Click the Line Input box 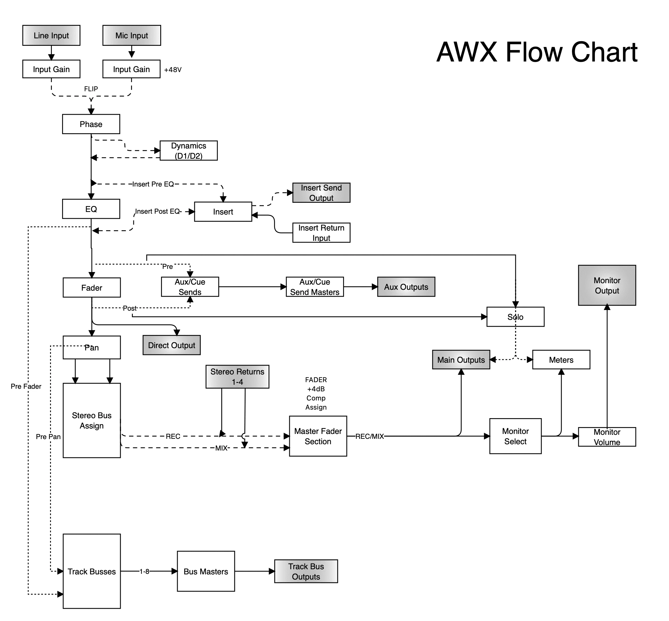[51, 35]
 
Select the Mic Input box [131, 35]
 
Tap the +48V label [173, 70]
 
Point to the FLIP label [91, 89]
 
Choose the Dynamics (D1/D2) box [188, 150]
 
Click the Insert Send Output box [321, 193]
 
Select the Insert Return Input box [321, 233]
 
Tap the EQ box [91, 209]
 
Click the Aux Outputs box [406, 287]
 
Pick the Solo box [515, 317]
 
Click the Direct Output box [171, 345]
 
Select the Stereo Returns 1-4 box [237, 376]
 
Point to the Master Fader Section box [318, 436]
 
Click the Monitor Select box [515, 436]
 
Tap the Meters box [561, 360]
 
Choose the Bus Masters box [206, 571]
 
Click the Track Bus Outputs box [306, 571]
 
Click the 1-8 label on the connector [144, 571]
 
